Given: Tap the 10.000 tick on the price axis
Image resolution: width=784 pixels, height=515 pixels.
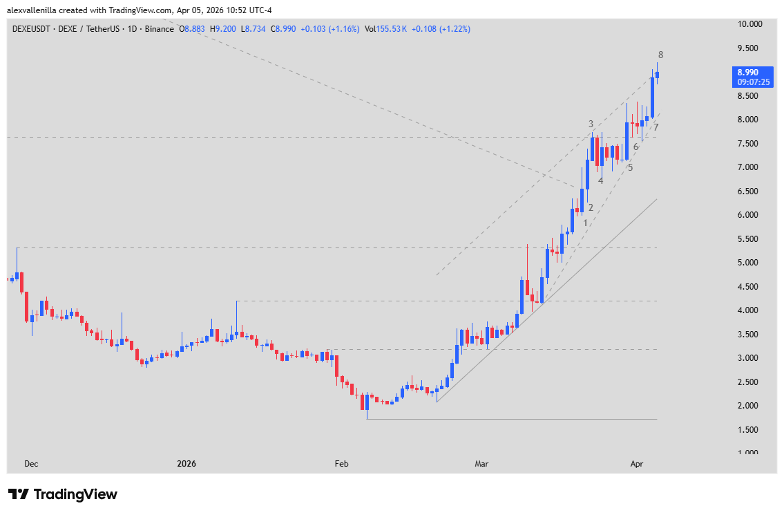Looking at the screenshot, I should (748, 24).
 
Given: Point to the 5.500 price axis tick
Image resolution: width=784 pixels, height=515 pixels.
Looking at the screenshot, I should (748, 238).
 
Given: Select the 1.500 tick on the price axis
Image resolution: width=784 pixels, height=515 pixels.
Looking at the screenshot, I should (748, 429).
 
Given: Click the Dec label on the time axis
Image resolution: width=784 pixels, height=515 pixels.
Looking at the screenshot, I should (31, 464).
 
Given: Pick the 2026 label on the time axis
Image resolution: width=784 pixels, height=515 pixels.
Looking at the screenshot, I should (187, 464).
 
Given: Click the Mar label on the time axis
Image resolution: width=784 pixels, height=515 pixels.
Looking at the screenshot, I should (481, 464).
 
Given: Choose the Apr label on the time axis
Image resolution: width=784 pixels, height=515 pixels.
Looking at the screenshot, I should (637, 464).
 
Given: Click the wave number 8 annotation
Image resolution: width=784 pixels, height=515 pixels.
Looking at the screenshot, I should (661, 55).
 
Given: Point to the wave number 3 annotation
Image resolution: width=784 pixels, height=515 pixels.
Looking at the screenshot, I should (591, 124).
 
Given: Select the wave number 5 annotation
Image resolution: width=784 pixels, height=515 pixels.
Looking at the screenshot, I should (630, 167).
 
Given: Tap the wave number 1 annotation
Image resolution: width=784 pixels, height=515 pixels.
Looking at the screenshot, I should (585, 223).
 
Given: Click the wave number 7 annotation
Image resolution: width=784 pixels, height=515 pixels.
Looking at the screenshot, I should (656, 127).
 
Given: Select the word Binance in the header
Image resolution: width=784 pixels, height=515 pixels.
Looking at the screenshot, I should (160, 29).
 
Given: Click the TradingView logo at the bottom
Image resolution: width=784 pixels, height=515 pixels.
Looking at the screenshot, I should (63, 494).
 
